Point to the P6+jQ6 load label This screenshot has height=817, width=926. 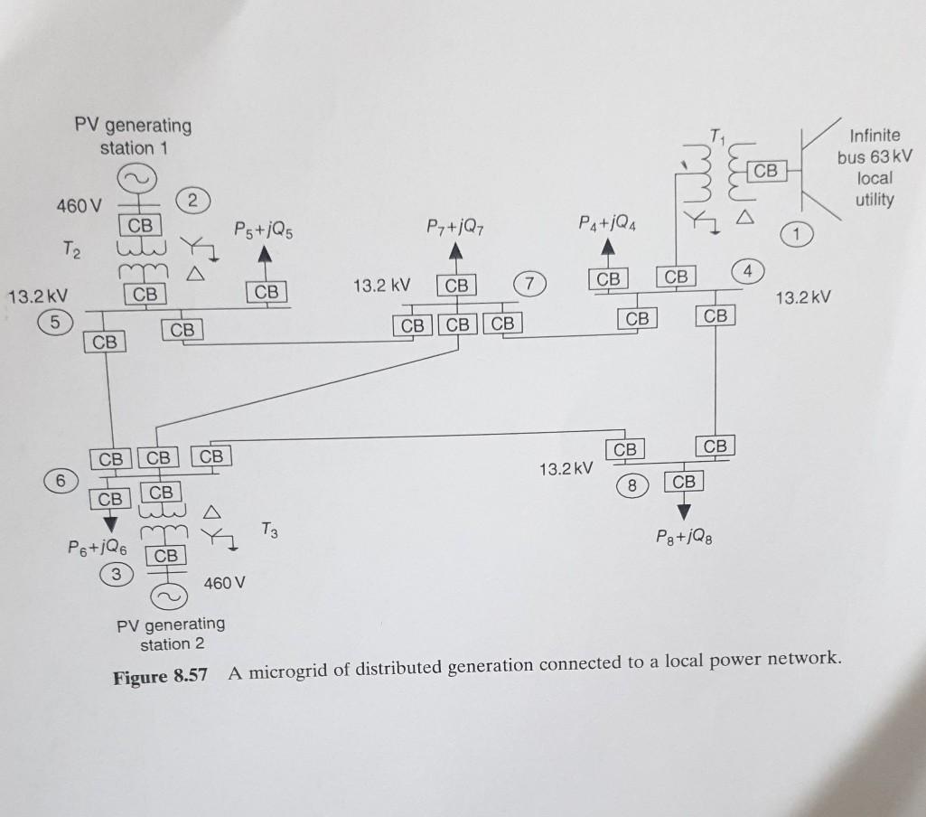click(98, 547)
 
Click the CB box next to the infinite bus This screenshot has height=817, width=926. click(765, 169)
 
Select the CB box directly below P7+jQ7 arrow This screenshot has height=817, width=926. click(456, 286)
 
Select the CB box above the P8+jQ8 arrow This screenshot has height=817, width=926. click(684, 482)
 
